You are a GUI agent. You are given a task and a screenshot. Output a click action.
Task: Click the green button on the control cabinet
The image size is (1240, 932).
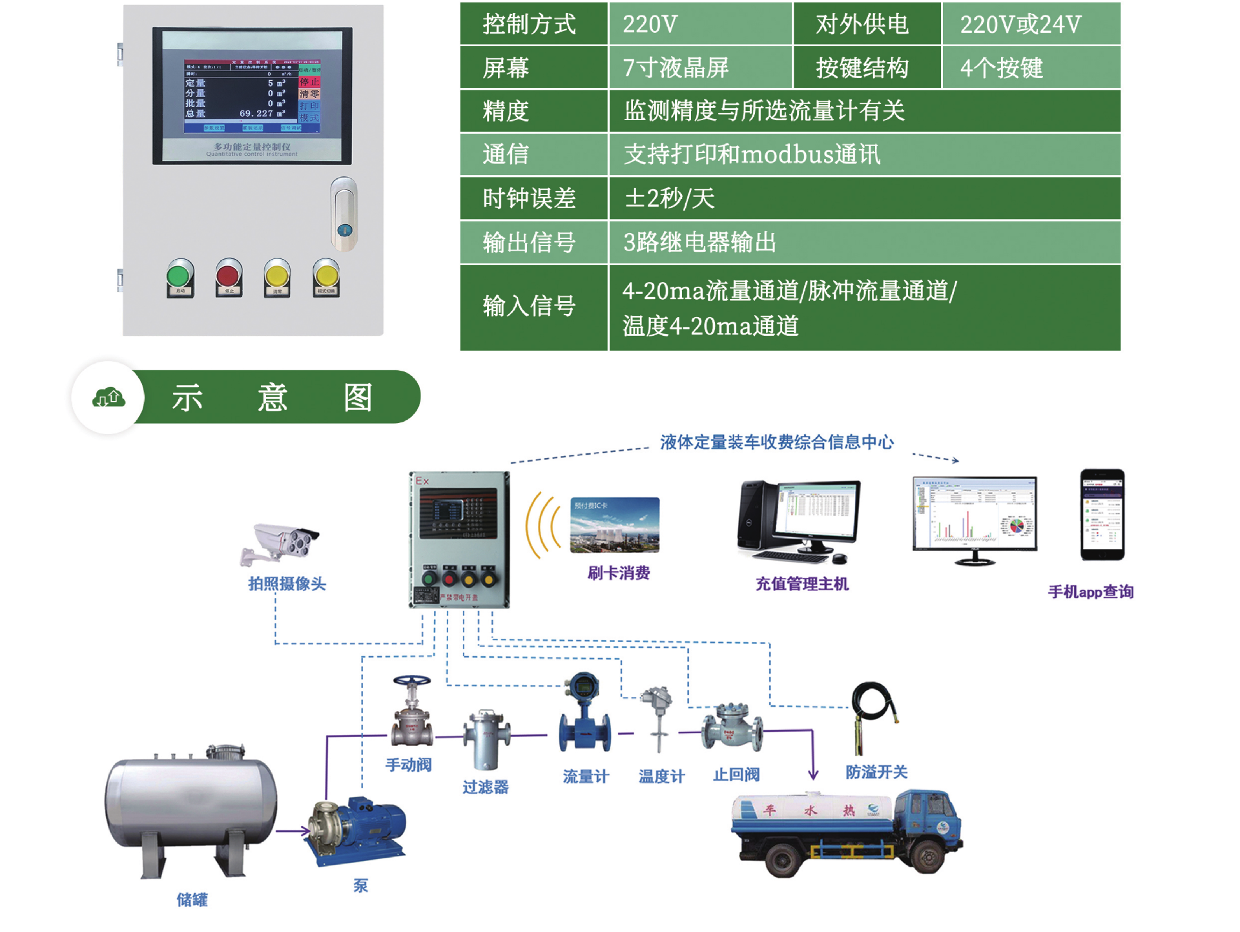[179, 276]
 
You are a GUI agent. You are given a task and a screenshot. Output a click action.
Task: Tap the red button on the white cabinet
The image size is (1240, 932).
[228, 276]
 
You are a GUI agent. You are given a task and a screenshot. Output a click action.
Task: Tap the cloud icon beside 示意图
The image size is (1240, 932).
[108, 397]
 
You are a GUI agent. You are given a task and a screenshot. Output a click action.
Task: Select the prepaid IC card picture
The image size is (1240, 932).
[614, 524]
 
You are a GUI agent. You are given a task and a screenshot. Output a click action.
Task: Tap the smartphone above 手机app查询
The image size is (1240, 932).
[1102, 514]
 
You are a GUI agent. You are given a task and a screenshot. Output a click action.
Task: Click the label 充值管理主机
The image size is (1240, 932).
[802, 584]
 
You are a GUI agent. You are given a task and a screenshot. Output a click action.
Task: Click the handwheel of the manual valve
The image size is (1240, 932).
[411, 681]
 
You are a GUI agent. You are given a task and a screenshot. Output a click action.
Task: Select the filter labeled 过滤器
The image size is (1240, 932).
[486, 740]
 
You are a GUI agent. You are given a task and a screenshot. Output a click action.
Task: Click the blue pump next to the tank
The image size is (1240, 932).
[358, 830]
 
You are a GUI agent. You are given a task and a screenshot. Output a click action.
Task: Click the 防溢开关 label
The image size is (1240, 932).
[876, 772]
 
